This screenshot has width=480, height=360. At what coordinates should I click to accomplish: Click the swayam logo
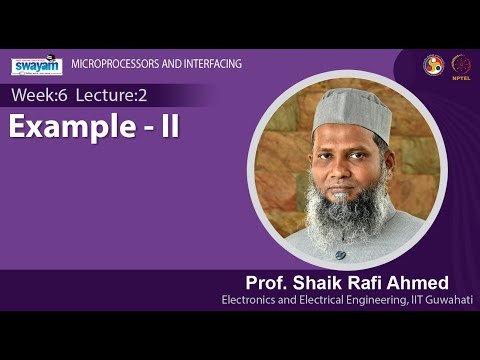(x=37, y=66)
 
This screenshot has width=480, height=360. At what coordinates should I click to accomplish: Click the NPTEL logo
(x=461, y=65)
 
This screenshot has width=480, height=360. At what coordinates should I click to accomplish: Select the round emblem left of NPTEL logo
(x=433, y=64)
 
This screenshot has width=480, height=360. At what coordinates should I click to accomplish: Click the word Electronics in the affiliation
(x=249, y=300)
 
